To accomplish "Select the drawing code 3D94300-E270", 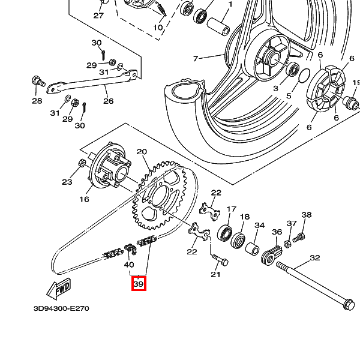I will pyautogui.click(x=61, y=308).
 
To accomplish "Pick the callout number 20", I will pyautogui.click(x=142, y=152).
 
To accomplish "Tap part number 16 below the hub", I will pyautogui.click(x=83, y=199).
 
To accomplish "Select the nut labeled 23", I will pyautogui.click(x=81, y=163).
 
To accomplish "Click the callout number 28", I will pyautogui.click(x=37, y=101).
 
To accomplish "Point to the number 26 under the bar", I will pyautogui.click(x=108, y=101).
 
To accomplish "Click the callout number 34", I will pyautogui.click(x=259, y=226).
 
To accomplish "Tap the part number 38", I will pyautogui.click(x=307, y=215).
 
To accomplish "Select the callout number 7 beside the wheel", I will pyautogui.click(x=195, y=59).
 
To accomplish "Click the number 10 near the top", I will pyautogui.click(x=158, y=28).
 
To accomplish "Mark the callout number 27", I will pyautogui.click(x=98, y=16).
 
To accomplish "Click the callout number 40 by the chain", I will pyautogui.click(x=128, y=264).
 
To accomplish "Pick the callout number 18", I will pyautogui.click(x=245, y=217).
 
